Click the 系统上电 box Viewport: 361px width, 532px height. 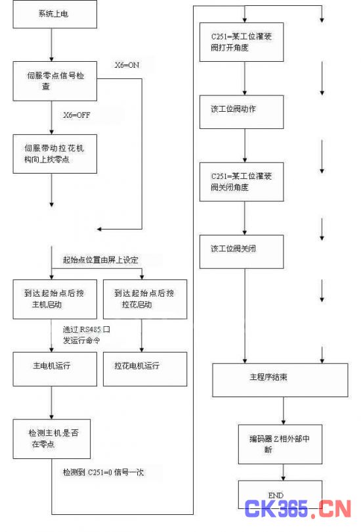(x=55, y=14)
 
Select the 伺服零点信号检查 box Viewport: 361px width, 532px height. (x=55, y=81)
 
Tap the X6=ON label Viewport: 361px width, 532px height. (x=127, y=65)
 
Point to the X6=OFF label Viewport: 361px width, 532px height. (x=77, y=115)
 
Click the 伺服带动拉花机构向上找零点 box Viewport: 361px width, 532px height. (x=55, y=154)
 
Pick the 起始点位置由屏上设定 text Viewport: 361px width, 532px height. (x=100, y=260)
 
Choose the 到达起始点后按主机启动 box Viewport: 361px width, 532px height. (x=55, y=299)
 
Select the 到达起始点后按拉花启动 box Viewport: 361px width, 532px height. (x=145, y=299)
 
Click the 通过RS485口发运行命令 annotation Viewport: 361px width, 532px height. (x=87, y=335)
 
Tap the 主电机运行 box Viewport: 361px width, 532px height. (x=55, y=369)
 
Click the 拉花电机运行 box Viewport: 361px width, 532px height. (x=145, y=369)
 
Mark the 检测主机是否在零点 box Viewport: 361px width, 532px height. (x=52, y=439)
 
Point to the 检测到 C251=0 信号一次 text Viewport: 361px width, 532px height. (x=103, y=472)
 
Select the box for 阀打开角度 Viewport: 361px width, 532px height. (x=242, y=42)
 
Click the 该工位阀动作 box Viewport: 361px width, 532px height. (x=242, y=112)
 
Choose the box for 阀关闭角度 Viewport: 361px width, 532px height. (x=242, y=182)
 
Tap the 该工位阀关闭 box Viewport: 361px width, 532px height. (x=242, y=252)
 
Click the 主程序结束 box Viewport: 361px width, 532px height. (x=280, y=380)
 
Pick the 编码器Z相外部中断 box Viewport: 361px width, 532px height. (x=280, y=444)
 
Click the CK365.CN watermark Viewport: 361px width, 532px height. (x=298, y=508)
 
